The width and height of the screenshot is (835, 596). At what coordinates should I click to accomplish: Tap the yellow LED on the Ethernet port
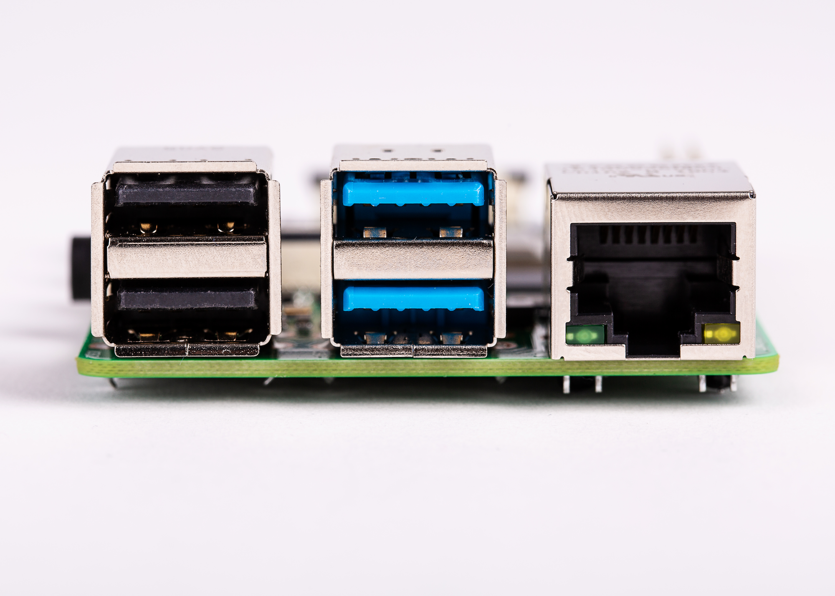[x=721, y=334]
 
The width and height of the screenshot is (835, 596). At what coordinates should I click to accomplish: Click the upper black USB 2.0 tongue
[x=186, y=195]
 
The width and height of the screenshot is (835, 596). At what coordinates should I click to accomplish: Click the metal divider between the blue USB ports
[x=412, y=259]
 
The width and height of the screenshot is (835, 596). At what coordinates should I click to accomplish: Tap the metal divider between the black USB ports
[x=186, y=258]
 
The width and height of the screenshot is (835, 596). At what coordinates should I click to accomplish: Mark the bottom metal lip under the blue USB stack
[x=413, y=351]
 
